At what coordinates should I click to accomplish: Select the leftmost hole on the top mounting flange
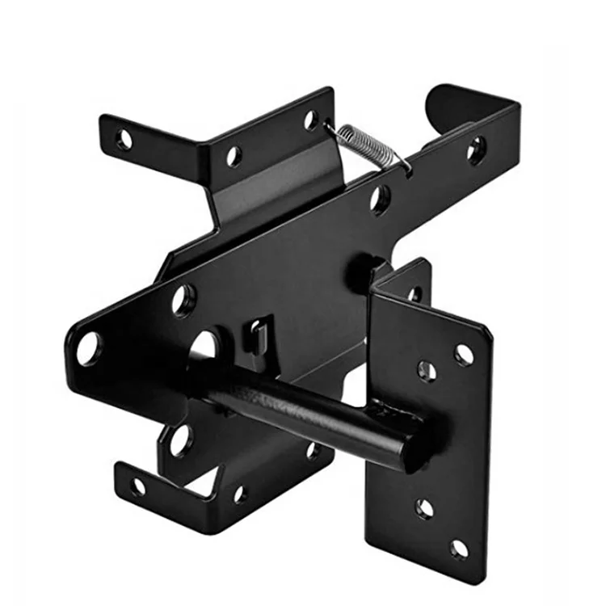(124, 139)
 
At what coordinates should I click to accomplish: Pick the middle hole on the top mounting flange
(234, 156)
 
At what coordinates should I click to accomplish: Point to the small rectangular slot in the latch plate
(257, 332)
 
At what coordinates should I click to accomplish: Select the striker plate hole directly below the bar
(424, 507)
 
